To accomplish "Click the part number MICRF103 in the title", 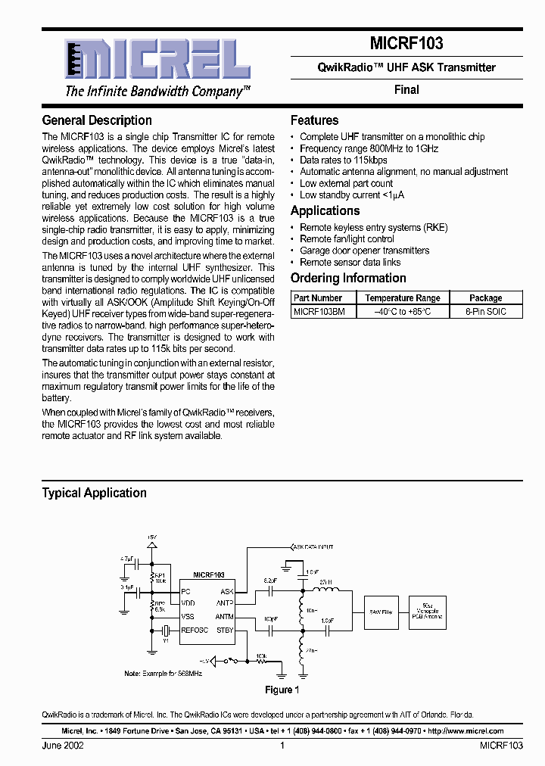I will pos(406,43).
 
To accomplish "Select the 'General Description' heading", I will pos(97,120).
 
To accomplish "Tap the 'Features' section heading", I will pos(314,120).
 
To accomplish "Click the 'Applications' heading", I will pos(325,211).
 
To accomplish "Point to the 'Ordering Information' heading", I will pos(348,278).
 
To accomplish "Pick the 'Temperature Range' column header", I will pos(402,298).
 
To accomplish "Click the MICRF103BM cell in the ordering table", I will pos(319,311).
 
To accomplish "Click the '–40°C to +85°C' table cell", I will pos(402,311).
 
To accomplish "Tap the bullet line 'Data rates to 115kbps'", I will pos(343,160).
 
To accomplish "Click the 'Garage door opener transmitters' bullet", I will pos(364,251).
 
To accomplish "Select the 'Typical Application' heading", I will pos(94,493).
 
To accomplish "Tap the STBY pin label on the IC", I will pos(225,630).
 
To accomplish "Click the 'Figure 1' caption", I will pos(282,690).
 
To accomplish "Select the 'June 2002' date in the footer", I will pos(63,746).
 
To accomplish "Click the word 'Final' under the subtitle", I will pos(406,89).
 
